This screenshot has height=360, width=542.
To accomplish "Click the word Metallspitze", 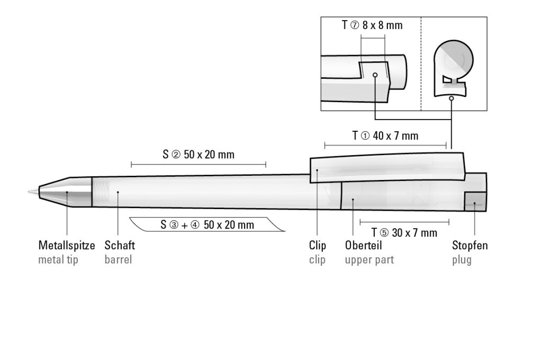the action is coord(66,246).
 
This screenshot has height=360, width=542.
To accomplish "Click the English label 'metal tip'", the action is coord(58,260).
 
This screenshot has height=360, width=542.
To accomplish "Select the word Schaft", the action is coord(120,245).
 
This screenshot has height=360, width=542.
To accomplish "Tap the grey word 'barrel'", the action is coord(118,259).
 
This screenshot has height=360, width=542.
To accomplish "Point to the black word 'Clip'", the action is coord(318,246).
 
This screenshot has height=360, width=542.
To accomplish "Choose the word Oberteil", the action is coord(363,245).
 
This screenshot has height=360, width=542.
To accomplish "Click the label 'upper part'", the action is coord(369,260).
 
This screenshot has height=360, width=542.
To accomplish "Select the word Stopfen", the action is coord(470,246).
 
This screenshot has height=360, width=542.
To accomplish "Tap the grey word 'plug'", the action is coord(462,260).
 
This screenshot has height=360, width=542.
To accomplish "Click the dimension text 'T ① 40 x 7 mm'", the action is coord(385,136).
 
